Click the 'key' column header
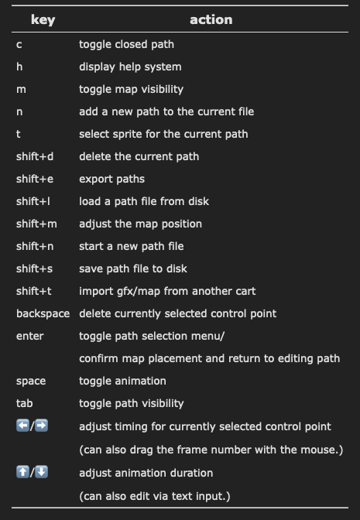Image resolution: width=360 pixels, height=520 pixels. click(43, 20)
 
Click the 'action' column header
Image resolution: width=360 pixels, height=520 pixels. click(211, 20)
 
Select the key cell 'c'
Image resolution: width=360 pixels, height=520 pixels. click(19, 44)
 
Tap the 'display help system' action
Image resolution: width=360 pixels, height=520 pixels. click(130, 67)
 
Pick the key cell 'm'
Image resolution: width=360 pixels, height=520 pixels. click(21, 89)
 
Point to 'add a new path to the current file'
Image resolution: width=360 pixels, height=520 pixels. click(166, 111)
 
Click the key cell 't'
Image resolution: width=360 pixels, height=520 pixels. click(19, 134)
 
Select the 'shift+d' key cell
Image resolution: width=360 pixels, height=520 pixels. click(35, 156)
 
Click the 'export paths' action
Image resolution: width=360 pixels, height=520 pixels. click(111, 179)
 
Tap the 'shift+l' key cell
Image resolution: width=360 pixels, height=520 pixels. click(33, 201)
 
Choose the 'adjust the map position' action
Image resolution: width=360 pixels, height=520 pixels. click(140, 224)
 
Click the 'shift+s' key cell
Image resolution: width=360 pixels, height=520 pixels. click(35, 269)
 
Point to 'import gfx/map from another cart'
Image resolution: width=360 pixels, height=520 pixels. click(167, 291)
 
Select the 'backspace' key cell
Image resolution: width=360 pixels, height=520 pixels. click(43, 313)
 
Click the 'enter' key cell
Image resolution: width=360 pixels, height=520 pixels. click(30, 336)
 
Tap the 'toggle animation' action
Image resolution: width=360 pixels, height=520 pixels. click(122, 381)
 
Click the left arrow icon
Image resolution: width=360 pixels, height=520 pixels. click(22, 426)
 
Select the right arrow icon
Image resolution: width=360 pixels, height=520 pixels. click(42, 426)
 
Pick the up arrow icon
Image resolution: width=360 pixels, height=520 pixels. click(22, 472)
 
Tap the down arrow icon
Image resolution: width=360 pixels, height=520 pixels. click(42, 472)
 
